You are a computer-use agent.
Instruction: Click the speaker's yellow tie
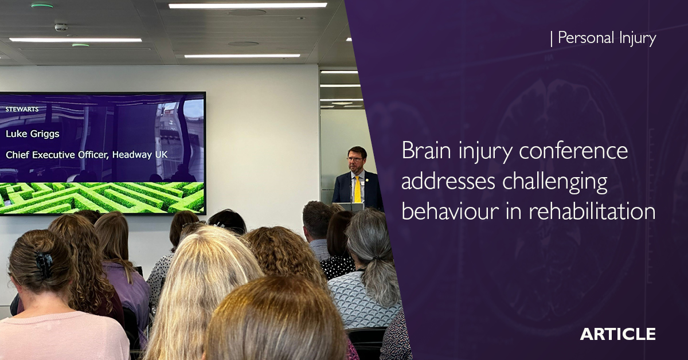[x=357, y=190]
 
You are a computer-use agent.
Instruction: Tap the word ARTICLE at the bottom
[x=617, y=334]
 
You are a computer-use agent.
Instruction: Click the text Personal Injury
[x=607, y=38]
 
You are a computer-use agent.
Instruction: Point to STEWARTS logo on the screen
[x=22, y=108]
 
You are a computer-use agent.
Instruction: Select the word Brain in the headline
[x=425, y=151]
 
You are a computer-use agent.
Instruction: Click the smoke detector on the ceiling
[x=61, y=27]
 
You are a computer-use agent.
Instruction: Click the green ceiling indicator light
[x=42, y=6]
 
